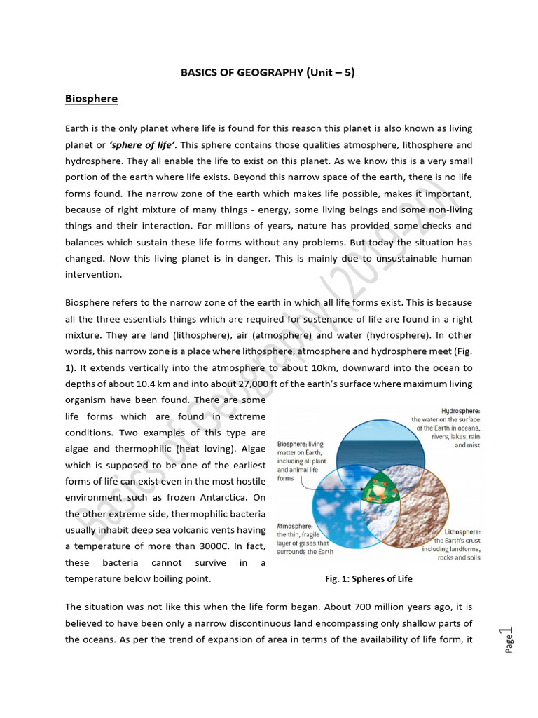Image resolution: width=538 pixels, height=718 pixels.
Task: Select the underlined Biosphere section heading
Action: [91, 99]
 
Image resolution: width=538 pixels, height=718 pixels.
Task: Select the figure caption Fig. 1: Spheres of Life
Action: [368, 578]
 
